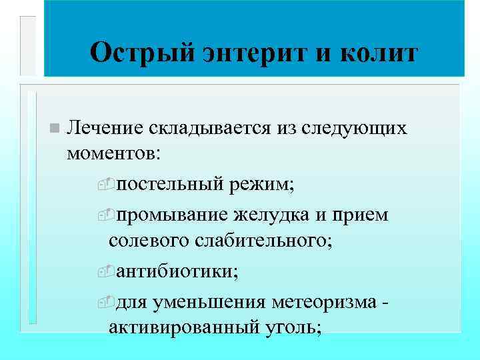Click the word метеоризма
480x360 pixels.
coord(326,303)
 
